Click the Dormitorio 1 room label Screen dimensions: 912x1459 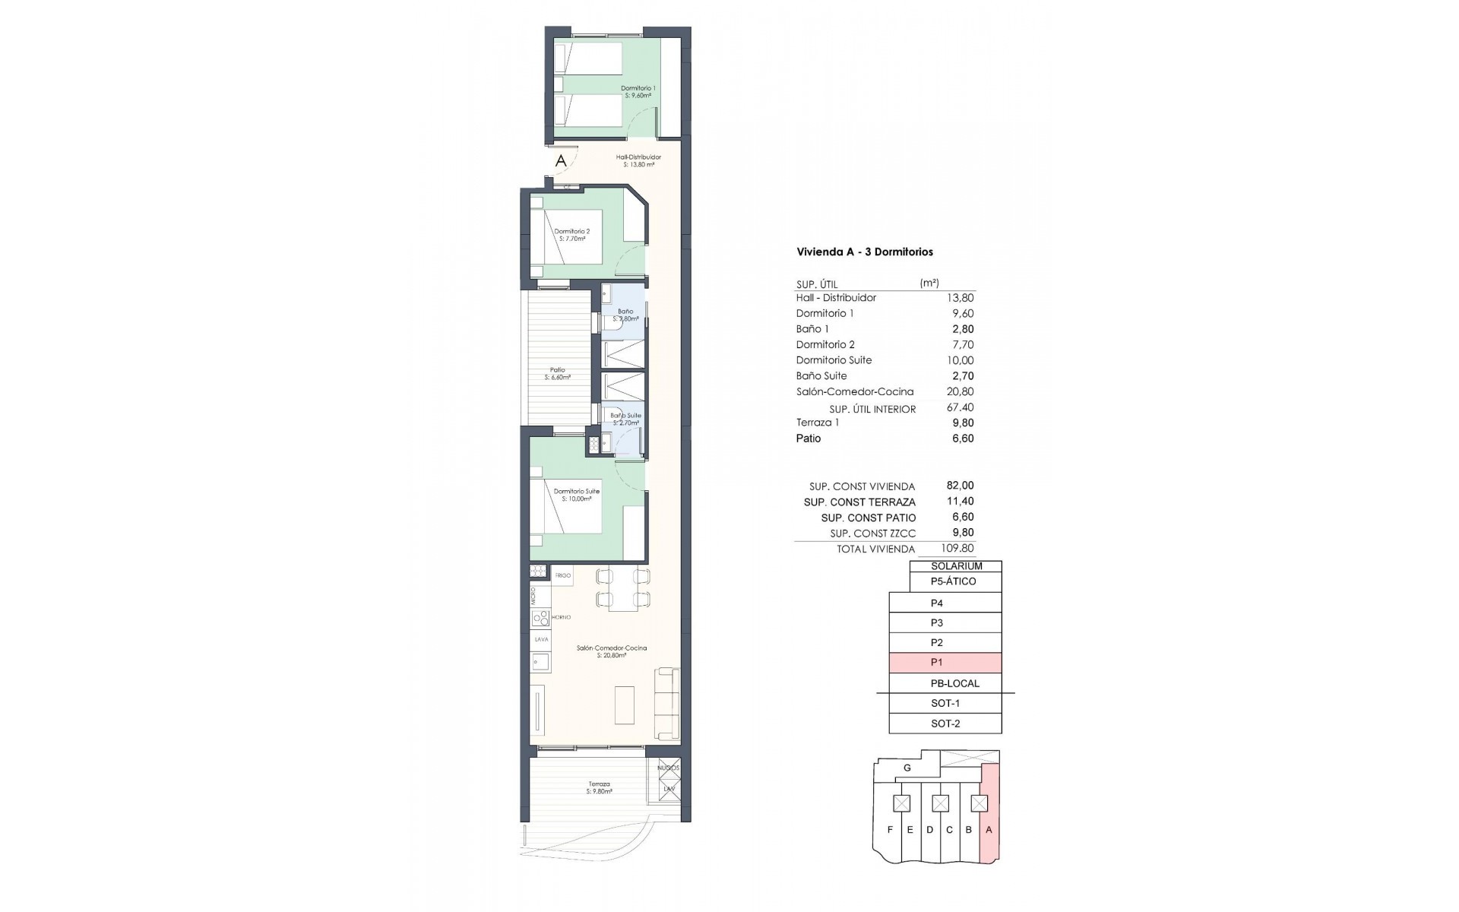(638, 92)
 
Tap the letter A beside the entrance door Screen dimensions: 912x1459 (561, 161)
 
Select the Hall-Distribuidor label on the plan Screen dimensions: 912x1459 (638, 160)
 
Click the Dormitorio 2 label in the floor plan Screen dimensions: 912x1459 (571, 235)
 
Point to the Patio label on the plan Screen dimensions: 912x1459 (557, 373)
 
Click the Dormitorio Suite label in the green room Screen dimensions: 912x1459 (576, 495)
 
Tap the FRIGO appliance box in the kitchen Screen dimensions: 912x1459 (562, 575)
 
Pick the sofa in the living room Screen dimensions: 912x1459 (668, 703)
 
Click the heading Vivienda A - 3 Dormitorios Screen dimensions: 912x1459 (864, 252)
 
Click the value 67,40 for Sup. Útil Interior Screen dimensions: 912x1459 (961, 408)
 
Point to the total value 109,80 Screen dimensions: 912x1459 (957, 548)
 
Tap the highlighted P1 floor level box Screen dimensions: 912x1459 (945, 663)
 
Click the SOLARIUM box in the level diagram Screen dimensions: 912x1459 (956, 566)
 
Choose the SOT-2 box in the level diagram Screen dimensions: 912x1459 (945, 724)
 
